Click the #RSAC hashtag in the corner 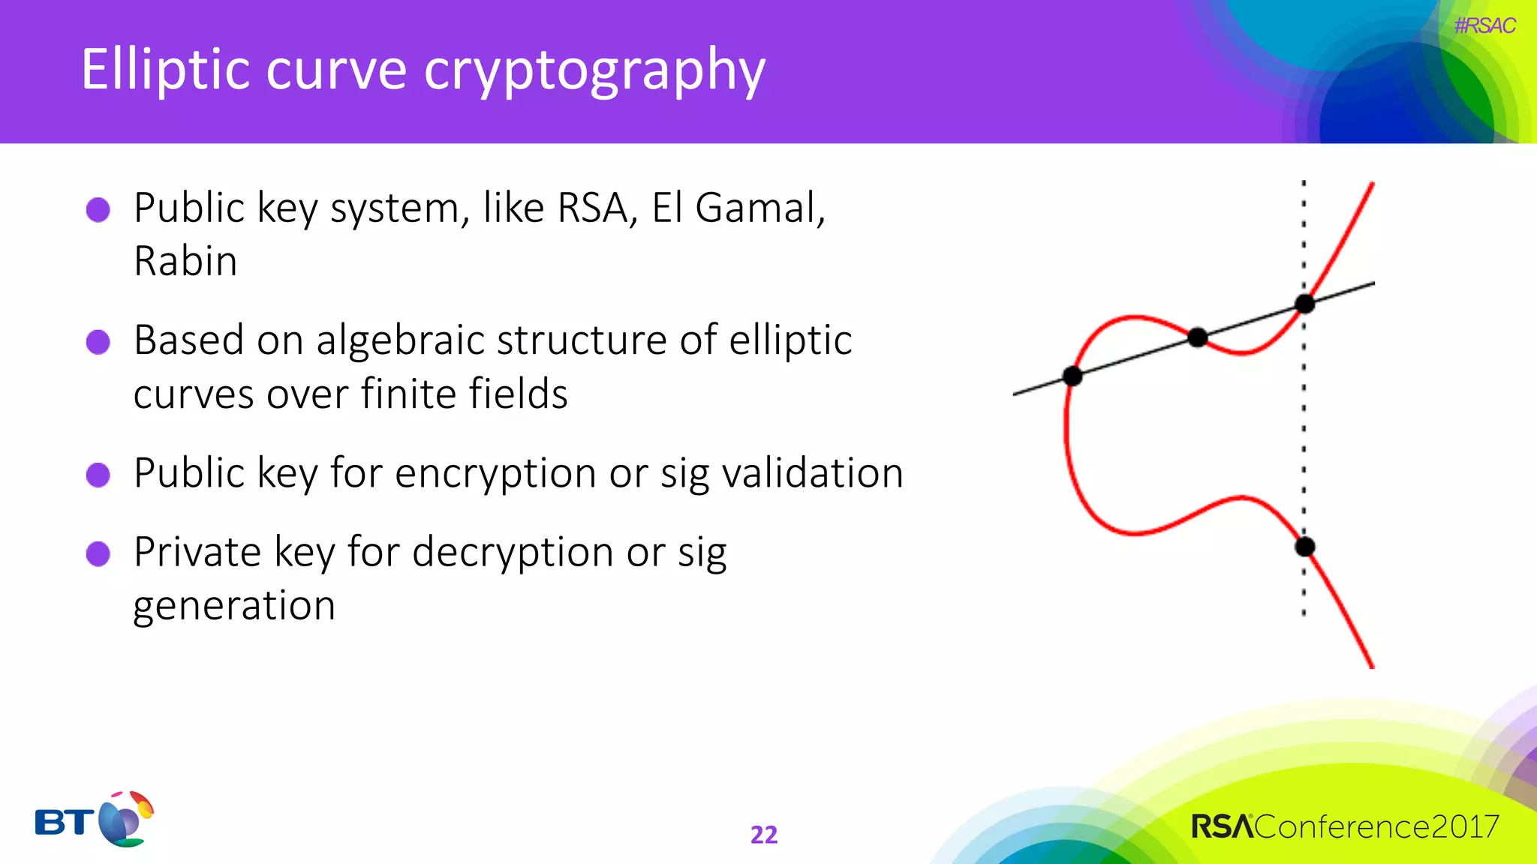click(x=1484, y=25)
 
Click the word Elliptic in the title click(x=165, y=70)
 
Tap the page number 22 click(x=764, y=835)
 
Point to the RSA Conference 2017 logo click(x=1345, y=826)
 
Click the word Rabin click(x=185, y=262)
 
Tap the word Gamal click(x=759, y=208)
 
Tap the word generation click(x=234, y=605)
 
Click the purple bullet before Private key click(x=98, y=554)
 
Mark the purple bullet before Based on click(x=98, y=342)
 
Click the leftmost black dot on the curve click(x=1072, y=376)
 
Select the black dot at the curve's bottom click(x=1305, y=547)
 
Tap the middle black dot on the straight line click(x=1198, y=337)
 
